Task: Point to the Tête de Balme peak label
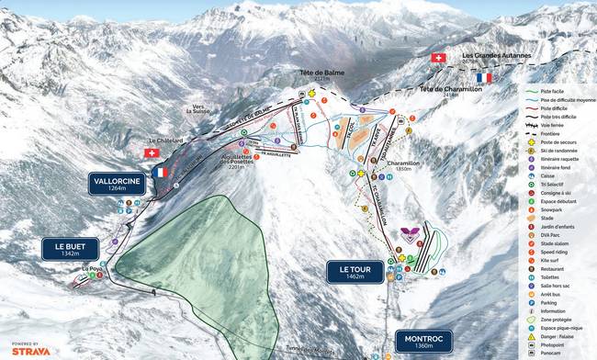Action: pyautogui.click(x=314, y=75)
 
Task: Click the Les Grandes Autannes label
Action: pyautogui.click(x=496, y=55)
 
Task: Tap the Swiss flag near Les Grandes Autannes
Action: pyautogui.click(x=438, y=57)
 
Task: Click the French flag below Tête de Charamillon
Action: pyautogui.click(x=484, y=78)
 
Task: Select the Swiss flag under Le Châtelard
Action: pyautogui.click(x=152, y=152)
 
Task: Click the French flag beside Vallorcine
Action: pyautogui.click(x=162, y=172)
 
